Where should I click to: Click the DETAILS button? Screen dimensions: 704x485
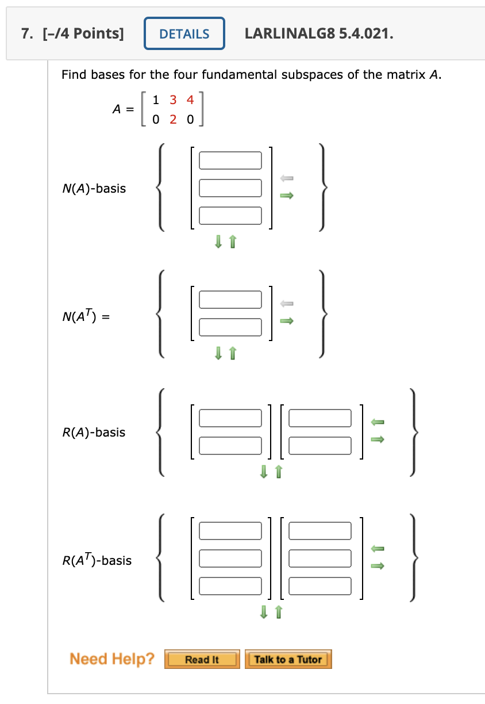[x=184, y=34]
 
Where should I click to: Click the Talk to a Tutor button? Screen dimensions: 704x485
[x=288, y=659]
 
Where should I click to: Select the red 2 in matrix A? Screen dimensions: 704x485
[x=174, y=120]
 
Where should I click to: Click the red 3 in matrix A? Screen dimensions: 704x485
[x=174, y=100]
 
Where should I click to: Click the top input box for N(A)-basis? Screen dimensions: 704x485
[x=230, y=160]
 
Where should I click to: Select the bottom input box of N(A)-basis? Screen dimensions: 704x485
[x=230, y=215]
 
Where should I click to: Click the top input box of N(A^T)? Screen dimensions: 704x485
[x=230, y=300]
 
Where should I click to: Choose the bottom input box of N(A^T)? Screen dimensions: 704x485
[x=230, y=327]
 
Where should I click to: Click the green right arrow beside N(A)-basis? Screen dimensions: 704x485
[x=286, y=196]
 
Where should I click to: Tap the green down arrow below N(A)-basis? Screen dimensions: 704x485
[x=218, y=243]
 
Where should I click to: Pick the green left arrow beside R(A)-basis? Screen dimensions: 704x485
[x=377, y=422]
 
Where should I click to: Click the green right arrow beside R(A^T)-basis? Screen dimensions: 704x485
[x=377, y=566]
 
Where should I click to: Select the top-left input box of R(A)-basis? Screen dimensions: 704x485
[x=230, y=418]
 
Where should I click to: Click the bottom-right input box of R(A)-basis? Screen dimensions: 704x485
[x=320, y=445]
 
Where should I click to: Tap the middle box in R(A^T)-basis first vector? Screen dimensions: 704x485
[x=230, y=558]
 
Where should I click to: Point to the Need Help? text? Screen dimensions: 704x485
[x=112, y=659]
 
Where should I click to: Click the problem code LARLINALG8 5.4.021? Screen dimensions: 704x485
[x=319, y=34]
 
